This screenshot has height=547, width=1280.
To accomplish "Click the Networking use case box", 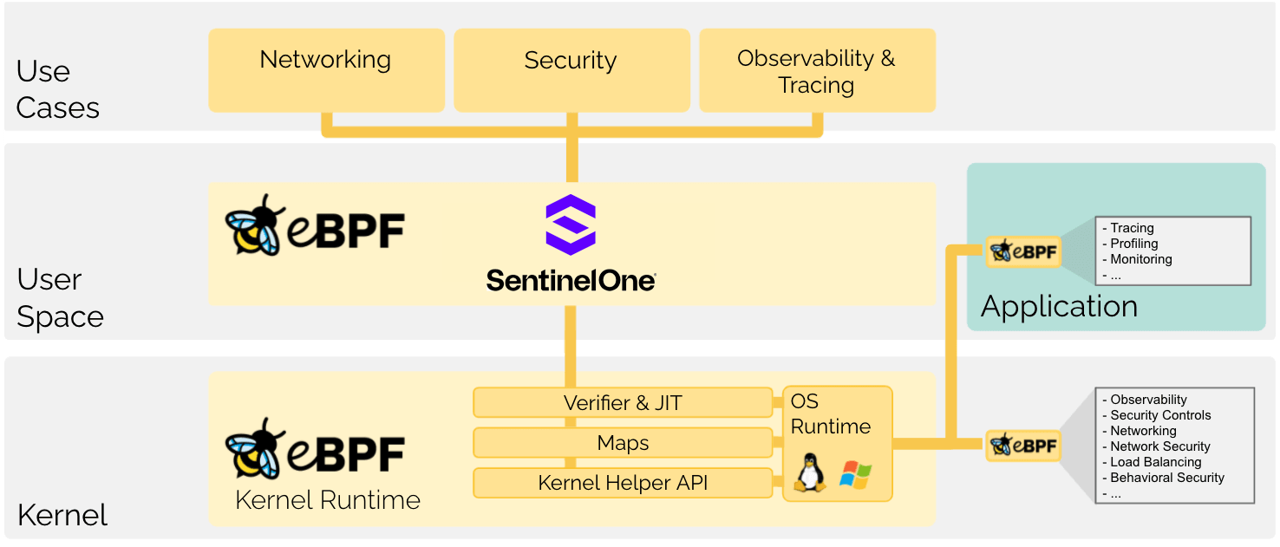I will [326, 70].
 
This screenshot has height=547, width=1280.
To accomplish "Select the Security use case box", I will [571, 70].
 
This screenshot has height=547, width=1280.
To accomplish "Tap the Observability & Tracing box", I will [817, 70].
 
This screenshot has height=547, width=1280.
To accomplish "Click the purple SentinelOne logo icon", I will [571, 225].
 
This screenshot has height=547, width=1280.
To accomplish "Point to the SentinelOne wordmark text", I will [571, 280].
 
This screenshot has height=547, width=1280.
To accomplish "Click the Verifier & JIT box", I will [623, 403].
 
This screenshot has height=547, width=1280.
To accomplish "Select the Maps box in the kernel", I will [623, 443].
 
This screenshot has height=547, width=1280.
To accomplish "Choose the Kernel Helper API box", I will [623, 483].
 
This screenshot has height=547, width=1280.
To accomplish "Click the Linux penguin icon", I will [811, 472].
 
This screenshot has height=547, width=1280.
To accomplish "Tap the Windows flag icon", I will [855, 475].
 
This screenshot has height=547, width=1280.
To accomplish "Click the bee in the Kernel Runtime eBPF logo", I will [254, 449].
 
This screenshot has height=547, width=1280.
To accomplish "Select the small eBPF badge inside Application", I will [1024, 251].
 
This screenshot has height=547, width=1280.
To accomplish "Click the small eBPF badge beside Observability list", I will [1024, 446].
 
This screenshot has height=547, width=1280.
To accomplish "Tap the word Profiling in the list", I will [1134, 244].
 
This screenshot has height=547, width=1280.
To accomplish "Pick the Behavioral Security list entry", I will [1167, 478].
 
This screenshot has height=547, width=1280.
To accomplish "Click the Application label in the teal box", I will [1059, 307].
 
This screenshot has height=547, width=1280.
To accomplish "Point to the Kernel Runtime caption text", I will [328, 500].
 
